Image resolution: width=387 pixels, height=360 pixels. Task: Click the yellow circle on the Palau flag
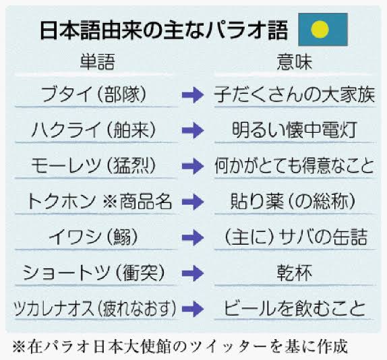[x=320, y=30]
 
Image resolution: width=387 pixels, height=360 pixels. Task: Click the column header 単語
[x=97, y=62]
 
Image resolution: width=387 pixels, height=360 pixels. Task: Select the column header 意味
[x=295, y=62]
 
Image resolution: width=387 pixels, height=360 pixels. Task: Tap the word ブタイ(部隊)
[x=94, y=94]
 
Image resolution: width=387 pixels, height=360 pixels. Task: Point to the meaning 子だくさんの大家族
[x=295, y=94]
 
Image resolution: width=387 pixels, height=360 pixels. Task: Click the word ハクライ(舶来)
[x=94, y=130]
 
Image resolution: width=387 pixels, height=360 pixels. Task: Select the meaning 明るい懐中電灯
[x=295, y=130]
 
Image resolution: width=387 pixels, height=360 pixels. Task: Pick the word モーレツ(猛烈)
[x=94, y=165]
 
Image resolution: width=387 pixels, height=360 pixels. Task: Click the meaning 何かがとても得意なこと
[x=295, y=165]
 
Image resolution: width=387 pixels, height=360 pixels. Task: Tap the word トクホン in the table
[x=61, y=201]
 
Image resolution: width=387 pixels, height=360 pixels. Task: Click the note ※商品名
[x=138, y=201]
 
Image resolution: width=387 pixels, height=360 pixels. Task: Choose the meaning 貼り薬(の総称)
[x=293, y=201]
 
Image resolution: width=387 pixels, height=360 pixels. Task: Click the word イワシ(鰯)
[x=93, y=237]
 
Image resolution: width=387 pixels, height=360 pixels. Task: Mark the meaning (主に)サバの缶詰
[x=296, y=237]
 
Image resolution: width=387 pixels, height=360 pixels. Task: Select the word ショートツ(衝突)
[x=94, y=272]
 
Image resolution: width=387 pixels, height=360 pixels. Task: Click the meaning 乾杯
[x=295, y=272]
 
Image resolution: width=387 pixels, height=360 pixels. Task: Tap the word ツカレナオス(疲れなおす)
[x=95, y=309]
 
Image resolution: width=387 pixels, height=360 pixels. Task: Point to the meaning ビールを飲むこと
[x=295, y=309]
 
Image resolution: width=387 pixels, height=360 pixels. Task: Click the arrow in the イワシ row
[x=193, y=237]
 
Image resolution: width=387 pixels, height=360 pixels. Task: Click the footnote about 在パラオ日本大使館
[x=180, y=347]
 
